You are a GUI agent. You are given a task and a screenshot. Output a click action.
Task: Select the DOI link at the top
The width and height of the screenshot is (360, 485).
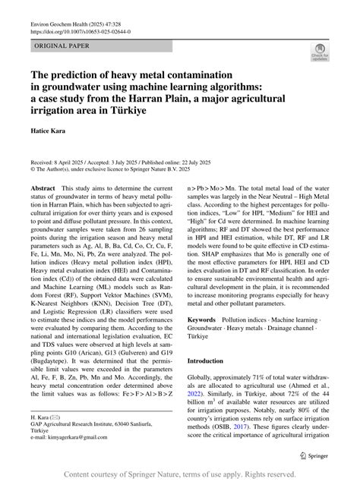click(80, 33)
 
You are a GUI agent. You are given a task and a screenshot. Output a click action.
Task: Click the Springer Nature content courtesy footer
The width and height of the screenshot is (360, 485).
click(179, 474)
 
